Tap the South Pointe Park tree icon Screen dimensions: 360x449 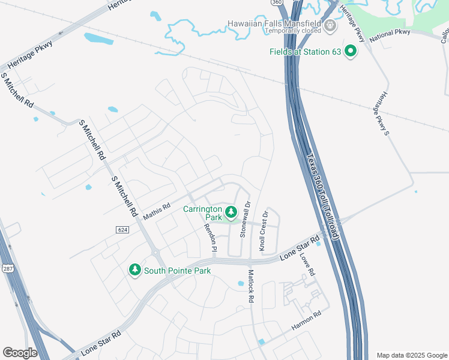coord(136,270)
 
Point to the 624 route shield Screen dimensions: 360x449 coord(122,230)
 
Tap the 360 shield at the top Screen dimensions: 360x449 coord(276,2)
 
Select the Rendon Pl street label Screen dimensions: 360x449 coord(211,238)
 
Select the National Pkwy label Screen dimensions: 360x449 coord(390,35)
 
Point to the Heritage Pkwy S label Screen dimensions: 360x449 coord(382,113)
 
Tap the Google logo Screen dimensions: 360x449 coord(20,353)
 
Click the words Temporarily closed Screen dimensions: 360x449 coord(274,31)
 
